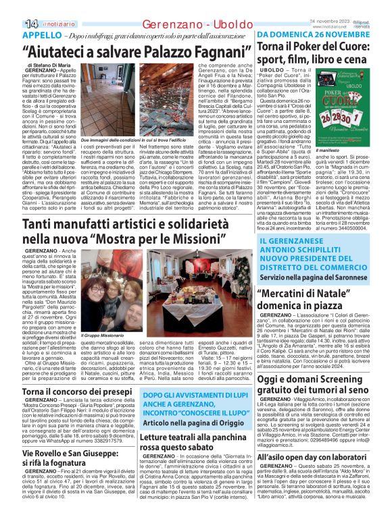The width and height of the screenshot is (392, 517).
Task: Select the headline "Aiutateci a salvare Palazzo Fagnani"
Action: tap(128, 51)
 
